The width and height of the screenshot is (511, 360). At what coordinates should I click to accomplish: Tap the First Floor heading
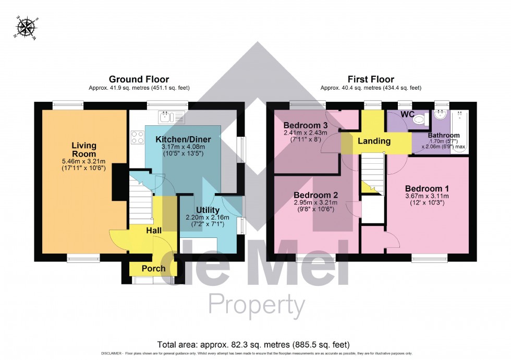(x=371, y=79)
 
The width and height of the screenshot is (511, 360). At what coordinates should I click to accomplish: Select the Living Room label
(x=84, y=150)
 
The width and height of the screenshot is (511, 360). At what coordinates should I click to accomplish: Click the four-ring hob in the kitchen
(x=137, y=137)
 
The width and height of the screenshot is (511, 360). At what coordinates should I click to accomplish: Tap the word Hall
(x=153, y=230)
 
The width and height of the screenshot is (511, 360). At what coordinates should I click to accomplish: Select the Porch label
(x=153, y=269)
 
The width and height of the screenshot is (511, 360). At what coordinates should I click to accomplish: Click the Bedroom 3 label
(x=306, y=125)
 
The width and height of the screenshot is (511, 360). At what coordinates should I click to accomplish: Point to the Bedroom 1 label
(x=427, y=188)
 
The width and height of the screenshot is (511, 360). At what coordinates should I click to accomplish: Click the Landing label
(x=374, y=141)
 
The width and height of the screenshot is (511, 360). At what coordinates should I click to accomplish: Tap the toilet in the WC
(x=419, y=120)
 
